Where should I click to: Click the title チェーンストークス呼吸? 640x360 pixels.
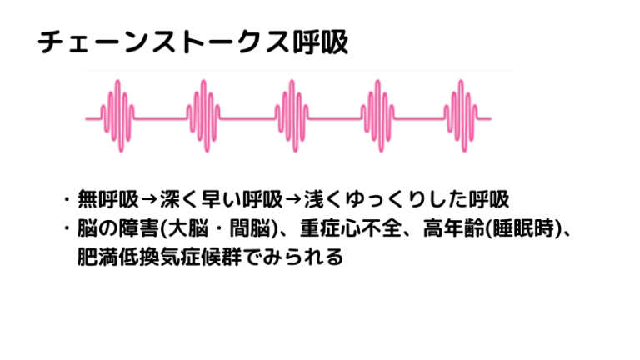pos(193,42)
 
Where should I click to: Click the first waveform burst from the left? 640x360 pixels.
pos(117,116)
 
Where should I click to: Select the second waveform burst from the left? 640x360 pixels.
pos(203,116)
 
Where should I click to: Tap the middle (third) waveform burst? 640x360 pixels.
pos(292,116)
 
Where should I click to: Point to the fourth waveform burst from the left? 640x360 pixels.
pos(378,116)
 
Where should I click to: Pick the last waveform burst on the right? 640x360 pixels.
pos(461,116)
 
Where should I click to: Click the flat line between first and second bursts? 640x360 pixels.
pos(160,119)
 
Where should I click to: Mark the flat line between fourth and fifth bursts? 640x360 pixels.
pos(419,119)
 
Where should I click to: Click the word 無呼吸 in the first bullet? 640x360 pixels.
pos(108,199)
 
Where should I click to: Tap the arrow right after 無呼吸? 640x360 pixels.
pos(149,200)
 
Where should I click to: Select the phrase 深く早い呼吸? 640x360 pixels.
pos(221,199)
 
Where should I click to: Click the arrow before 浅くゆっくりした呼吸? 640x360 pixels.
pos(293,200)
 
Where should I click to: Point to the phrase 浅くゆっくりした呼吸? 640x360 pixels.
pos(407,199)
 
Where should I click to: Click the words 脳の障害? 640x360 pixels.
pos(118,228)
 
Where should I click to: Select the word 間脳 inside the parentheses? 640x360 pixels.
pos(250,228)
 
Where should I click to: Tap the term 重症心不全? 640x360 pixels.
pos(351,228)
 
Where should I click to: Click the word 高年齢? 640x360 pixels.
pos(453,228)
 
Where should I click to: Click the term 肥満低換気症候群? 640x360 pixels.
pos(160,257)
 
